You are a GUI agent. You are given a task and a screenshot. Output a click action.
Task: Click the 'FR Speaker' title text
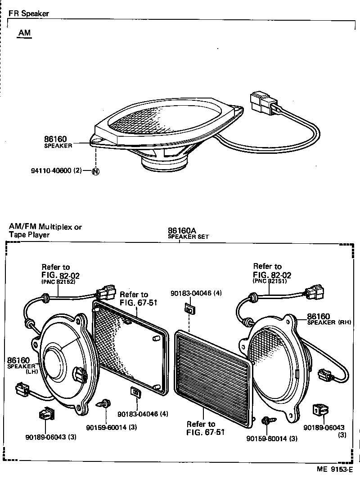[29, 13]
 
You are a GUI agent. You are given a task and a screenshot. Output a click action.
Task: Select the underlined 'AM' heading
[25, 34]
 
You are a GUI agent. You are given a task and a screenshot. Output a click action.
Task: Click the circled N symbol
[96, 172]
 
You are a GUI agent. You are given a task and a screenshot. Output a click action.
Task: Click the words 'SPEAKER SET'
[188, 237]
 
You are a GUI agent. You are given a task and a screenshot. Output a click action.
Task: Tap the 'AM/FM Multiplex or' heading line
[45, 227]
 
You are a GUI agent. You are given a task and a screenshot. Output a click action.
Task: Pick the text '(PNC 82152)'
[58, 282]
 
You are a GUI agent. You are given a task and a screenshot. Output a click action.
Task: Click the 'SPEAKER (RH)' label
[328, 323]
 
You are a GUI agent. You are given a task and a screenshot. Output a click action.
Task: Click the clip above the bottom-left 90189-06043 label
[46, 413]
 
